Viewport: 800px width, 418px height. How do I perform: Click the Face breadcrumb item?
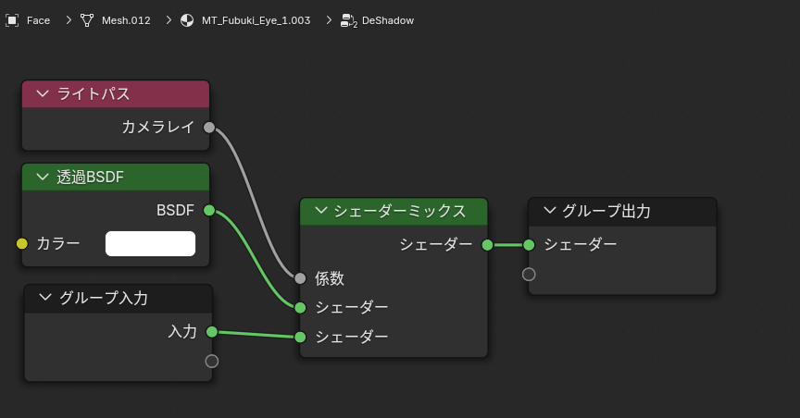pos(38,20)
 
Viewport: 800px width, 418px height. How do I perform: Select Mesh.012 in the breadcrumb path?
pos(126,20)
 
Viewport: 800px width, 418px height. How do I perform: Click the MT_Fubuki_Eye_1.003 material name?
pos(256,20)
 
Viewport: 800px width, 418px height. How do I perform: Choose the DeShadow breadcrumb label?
pos(388,20)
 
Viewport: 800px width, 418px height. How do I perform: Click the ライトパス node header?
pos(116,94)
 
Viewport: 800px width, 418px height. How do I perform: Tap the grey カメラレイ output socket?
pos(209,128)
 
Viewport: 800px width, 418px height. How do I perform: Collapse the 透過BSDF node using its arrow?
pos(43,177)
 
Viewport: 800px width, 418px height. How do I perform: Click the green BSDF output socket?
pos(209,210)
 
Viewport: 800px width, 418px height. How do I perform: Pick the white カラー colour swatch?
pos(151,243)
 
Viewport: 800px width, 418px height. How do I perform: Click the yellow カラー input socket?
pos(22,243)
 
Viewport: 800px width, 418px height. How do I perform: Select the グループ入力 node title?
pos(104,298)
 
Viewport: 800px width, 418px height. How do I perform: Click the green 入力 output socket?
pos(212,332)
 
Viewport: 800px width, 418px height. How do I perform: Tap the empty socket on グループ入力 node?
pos(212,362)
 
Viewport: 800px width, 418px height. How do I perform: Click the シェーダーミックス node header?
pos(394,212)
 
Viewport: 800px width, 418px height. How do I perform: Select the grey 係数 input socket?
pos(300,278)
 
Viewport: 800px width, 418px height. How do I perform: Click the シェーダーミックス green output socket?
pos(487,245)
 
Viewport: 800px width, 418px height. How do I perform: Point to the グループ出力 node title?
pos(606,211)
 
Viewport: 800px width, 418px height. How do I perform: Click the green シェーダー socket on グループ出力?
pos(529,245)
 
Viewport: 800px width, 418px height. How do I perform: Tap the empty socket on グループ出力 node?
pos(529,275)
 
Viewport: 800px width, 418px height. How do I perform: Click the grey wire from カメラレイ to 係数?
pos(256,203)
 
